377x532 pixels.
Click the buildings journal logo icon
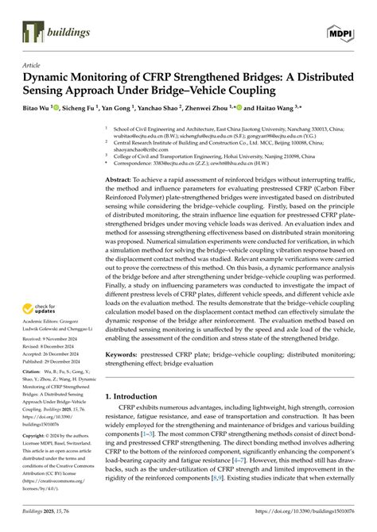coord(33,32)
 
